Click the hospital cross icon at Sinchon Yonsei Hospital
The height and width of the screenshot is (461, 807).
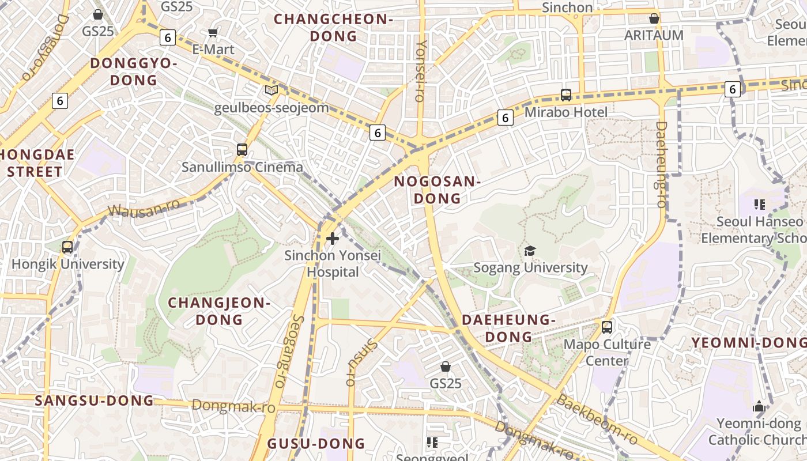(x=333, y=238)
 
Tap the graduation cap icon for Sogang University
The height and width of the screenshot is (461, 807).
(x=530, y=251)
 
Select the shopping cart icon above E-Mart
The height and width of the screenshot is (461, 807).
(x=213, y=33)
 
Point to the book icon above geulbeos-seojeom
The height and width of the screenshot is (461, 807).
(x=271, y=90)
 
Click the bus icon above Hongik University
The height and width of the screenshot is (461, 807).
(x=67, y=247)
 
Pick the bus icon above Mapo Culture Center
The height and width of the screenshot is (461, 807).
(x=607, y=327)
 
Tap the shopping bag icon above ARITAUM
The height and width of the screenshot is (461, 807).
(x=654, y=18)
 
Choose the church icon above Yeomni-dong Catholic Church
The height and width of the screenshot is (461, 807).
(x=759, y=406)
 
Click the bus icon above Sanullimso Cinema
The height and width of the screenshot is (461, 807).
(x=242, y=150)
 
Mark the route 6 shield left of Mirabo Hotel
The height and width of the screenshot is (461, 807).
(x=505, y=118)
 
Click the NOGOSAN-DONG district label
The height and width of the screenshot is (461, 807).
(x=437, y=190)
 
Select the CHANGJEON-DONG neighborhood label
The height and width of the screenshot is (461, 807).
(x=219, y=311)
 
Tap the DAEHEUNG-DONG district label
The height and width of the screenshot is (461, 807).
(x=508, y=328)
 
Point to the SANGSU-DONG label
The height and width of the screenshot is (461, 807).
(x=95, y=400)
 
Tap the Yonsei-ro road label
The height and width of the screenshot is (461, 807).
(x=421, y=70)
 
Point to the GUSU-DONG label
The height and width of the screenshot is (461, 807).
(x=316, y=443)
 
